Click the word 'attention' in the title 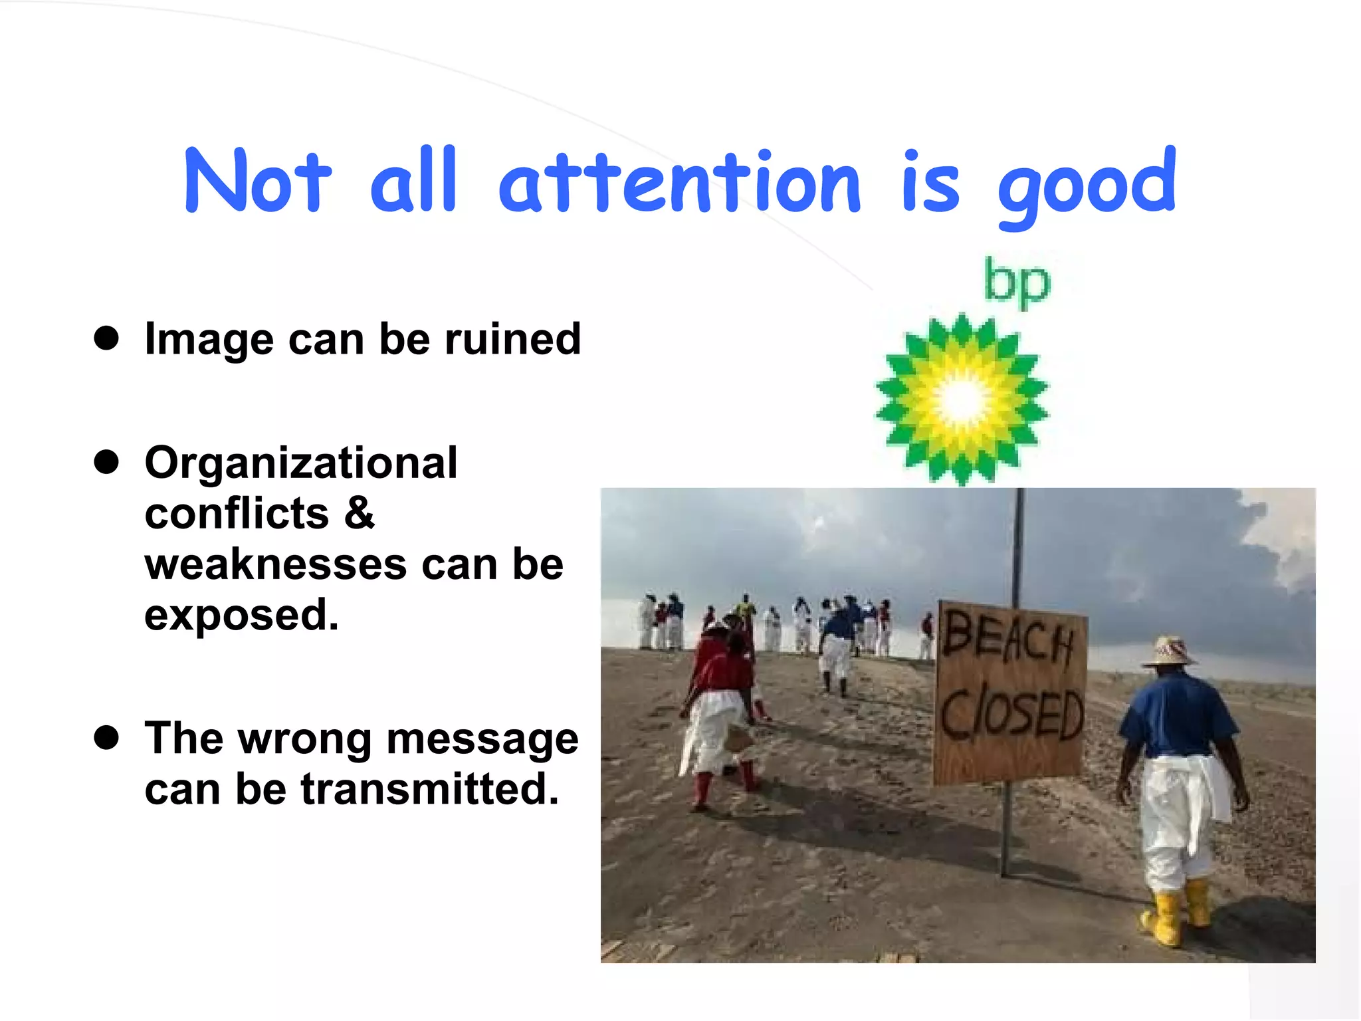[679, 182]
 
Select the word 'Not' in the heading [257, 181]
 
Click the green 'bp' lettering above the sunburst [1017, 282]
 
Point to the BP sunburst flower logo [962, 399]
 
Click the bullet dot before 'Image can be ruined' [106, 338]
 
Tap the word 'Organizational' [301, 463]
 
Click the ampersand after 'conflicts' [360, 513]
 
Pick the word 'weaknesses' [276, 564]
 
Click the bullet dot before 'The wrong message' [106, 738]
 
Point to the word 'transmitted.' [430, 789]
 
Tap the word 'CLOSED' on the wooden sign [1011, 714]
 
